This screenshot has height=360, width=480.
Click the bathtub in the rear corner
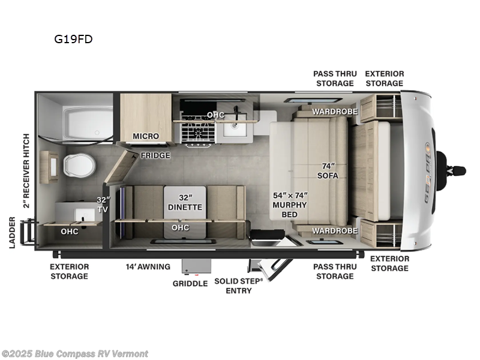click(x=88, y=123)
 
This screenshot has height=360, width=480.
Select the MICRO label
click(x=146, y=136)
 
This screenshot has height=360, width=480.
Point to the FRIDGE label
click(x=155, y=155)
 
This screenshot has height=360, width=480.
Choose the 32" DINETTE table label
click(x=185, y=202)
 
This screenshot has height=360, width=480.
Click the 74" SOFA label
click(x=328, y=171)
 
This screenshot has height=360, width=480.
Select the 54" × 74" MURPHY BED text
click(x=290, y=200)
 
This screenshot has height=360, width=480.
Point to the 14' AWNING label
click(x=148, y=266)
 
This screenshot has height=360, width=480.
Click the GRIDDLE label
click(x=190, y=283)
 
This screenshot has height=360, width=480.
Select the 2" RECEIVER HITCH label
click(x=26, y=170)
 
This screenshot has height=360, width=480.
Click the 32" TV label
click(x=103, y=205)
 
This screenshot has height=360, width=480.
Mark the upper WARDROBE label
click(x=335, y=112)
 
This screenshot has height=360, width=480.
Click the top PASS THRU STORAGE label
click(x=334, y=78)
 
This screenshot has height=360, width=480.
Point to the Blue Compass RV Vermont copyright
click(x=75, y=353)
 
